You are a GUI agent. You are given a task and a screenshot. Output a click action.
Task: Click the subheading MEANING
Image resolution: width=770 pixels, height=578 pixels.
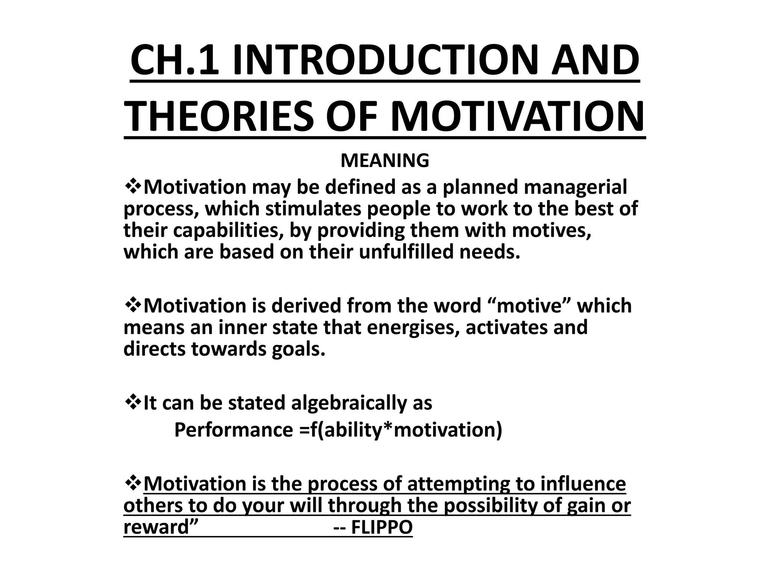pyautogui.click(x=385, y=161)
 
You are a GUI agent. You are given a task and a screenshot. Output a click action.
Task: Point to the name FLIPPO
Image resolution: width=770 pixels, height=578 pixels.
pyautogui.click(x=382, y=527)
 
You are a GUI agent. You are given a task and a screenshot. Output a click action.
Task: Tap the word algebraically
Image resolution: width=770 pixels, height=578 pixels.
pyautogui.click(x=350, y=403)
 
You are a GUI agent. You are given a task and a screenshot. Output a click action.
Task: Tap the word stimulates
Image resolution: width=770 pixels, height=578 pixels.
pyautogui.click(x=314, y=209)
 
